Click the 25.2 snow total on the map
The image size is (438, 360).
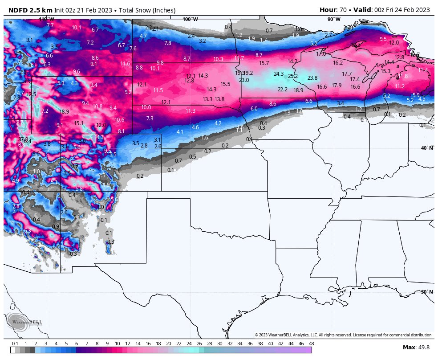coord(293,76)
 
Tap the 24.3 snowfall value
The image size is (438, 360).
coord(279,74)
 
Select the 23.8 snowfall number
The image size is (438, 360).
coord(312,78)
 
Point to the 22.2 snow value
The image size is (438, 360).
coord(283,89)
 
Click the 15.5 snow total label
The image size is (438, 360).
coord(225,84)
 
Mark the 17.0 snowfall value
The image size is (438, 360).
coord(321,53)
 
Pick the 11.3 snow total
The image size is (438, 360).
coord(191,110)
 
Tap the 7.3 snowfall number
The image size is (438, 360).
coord(150,118)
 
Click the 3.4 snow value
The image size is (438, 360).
coord(341,103)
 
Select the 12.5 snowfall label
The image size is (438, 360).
coord(31,94)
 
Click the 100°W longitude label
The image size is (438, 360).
coord(190,19)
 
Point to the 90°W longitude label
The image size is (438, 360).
coord(334,19)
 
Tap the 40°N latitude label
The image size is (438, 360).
coord(427,148)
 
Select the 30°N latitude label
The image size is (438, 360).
coord(427,292)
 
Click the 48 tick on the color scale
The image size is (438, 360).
coord(311,344)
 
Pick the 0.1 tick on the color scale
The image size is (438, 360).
coord(15,344)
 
